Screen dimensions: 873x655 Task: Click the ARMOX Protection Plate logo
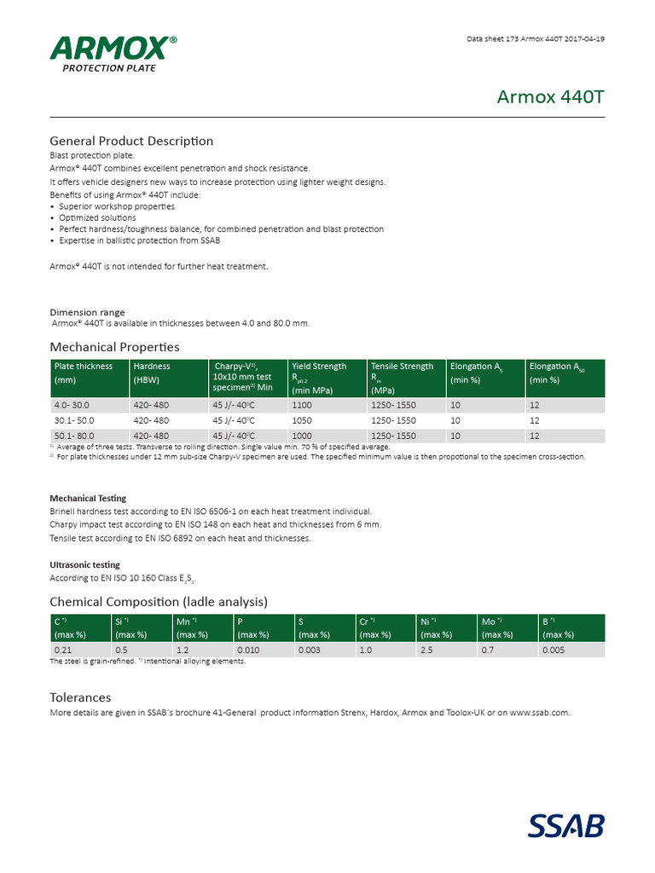[x=113, y=54]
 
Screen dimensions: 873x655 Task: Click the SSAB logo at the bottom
[x=566, y=826]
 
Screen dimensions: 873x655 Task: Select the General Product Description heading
[x=131, y=141]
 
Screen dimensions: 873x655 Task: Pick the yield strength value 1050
[x=302, y=420]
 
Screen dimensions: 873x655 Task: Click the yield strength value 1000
[x=302, y=436]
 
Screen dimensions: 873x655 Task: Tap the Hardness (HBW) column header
[x=152, y=373]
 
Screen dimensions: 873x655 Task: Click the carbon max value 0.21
[x=63, y=650]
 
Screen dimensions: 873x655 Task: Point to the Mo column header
[x=492, y=622]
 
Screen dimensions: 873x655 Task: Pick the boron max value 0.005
[x=554, y=650]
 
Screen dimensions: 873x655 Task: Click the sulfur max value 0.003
[x=309, y=650]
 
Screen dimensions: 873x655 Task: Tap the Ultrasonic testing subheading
[x=84, y=564]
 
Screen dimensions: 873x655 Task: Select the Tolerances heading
[x=80, y=697]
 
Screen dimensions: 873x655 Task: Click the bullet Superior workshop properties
[x=117, y=206]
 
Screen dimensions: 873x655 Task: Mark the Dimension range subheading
[x=87, y=312]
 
